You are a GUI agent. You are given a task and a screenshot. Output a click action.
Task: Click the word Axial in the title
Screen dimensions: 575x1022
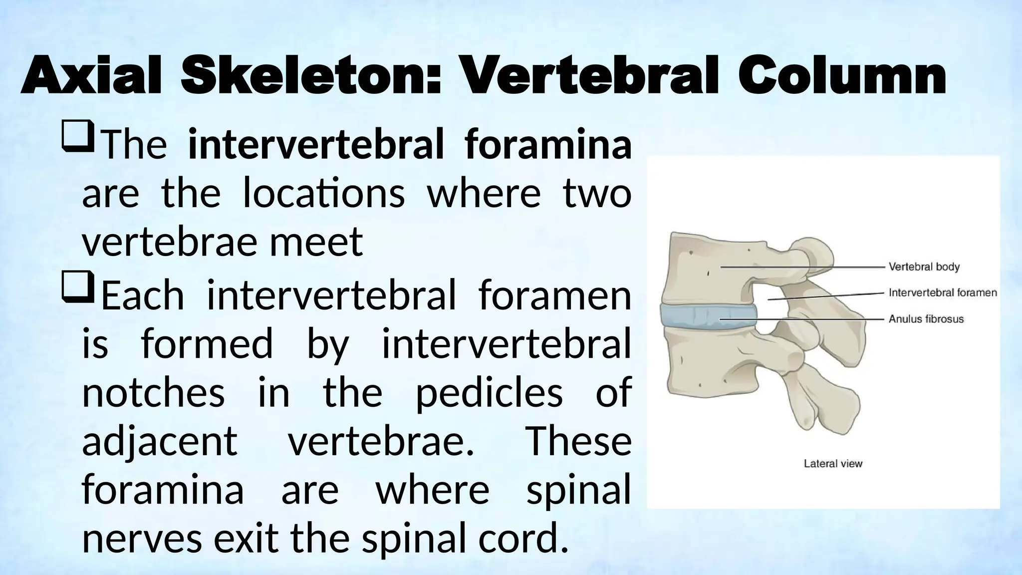pyautogui.click(x=91, y=77)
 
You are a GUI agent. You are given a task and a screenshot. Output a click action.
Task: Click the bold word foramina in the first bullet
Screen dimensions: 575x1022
pyautogui.click(x=548, y=145)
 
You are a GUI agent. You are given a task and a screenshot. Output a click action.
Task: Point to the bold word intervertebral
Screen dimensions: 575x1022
pyautogui.click(x=315, y=145)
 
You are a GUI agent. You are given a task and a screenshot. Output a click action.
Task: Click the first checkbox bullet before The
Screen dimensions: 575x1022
pyautogui.click(x=77, y=138)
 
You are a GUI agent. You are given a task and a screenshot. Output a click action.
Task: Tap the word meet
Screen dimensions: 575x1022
pyautogui.click(x=316, y=243)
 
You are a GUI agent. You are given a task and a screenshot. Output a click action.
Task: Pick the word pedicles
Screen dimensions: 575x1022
pyautogui.click(x=489, y=393)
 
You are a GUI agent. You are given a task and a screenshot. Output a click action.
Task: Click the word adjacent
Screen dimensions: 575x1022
pyautogui.click(x=160, y=442)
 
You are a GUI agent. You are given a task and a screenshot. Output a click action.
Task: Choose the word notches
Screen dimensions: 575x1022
pyautogui.click(x=154, y=393)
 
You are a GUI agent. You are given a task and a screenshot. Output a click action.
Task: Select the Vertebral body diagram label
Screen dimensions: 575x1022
pyautogui.click(x=924, y=267)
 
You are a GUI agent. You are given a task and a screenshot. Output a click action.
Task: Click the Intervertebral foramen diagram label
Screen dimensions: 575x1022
pyautogui.click(x=943, y=293)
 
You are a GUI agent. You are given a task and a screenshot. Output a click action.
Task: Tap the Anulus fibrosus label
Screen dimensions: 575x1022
pyautogui.click(x=926, y=319)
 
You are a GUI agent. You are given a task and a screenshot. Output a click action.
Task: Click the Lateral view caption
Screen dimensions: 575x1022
pyautogui.click(x=833, y=464)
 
